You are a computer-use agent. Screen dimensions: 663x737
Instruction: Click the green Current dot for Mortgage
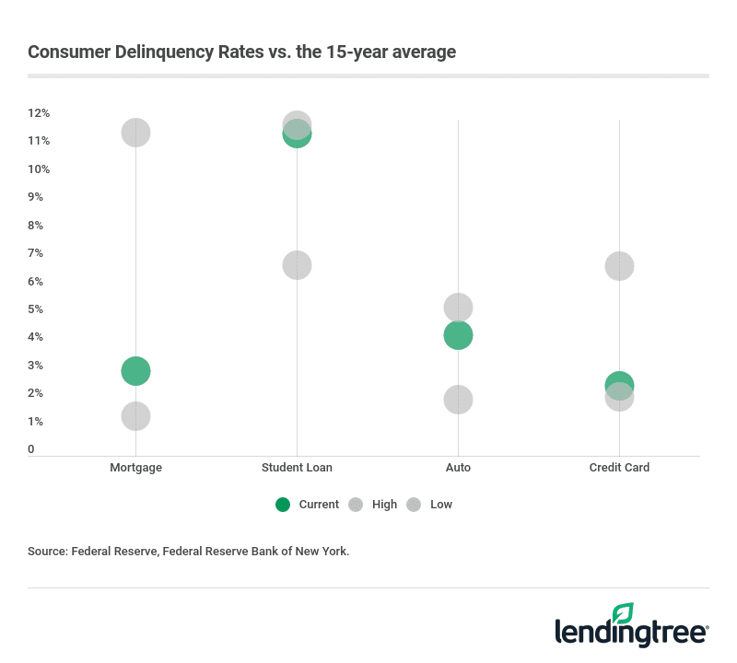135,371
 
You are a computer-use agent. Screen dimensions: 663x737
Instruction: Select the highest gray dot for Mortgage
135,133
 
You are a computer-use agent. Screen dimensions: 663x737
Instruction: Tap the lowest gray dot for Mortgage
135,416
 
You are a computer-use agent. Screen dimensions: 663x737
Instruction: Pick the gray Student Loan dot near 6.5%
297,265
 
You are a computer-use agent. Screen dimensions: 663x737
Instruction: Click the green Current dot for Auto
458,335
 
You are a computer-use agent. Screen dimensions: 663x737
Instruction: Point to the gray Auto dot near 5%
458,308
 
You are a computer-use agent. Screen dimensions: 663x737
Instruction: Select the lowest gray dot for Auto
458,400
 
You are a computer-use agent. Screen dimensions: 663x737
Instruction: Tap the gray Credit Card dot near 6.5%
619,266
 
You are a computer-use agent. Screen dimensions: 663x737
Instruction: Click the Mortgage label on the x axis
135,468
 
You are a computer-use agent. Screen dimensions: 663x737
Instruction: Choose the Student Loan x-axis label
297,468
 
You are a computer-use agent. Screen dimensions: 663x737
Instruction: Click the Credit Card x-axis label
619,468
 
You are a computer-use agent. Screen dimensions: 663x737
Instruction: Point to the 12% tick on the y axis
39,113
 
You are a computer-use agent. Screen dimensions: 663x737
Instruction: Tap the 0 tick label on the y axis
31,449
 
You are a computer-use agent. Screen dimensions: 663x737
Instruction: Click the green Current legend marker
283,505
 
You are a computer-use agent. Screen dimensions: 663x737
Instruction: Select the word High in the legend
385,505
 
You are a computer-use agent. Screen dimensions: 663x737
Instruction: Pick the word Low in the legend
440,505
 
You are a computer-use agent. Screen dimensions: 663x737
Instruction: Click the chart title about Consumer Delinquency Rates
241,52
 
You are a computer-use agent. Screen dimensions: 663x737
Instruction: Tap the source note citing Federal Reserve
189,552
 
